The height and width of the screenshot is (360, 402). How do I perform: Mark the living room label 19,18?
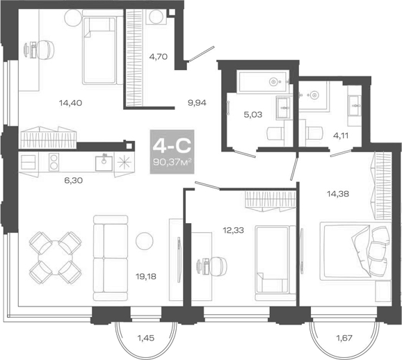coord(145,275)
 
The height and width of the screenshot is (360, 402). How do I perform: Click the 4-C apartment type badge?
coord(172,147)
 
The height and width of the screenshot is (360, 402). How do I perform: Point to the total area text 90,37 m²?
coord(172,163)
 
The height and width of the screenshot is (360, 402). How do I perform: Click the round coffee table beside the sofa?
coord(144,240)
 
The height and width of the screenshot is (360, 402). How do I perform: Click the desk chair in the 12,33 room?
coord(219,266)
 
